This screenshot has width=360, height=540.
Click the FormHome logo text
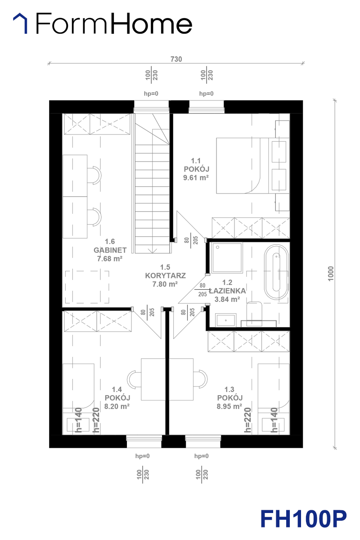[114, 23]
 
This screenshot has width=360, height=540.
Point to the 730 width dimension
[176, 59]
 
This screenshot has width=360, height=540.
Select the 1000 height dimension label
[331, 274]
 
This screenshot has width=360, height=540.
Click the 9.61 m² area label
[196, 178]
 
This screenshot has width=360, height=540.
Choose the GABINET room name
[110, 250]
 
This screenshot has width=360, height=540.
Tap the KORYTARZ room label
[166, 275]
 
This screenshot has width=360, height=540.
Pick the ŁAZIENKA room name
[227, 291]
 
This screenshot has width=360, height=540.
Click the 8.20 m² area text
[117, 406]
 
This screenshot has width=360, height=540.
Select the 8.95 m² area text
[229, 406]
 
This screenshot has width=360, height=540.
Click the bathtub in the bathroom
[276, 272]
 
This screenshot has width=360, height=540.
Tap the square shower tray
[227, 258]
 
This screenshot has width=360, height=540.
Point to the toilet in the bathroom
[254, 314]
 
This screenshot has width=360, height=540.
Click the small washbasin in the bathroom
[226, 320]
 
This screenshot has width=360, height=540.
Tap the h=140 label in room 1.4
[78, 420]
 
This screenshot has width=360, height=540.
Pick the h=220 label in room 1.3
[247, 420]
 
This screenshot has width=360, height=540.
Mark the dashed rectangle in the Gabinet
[87, 287]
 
